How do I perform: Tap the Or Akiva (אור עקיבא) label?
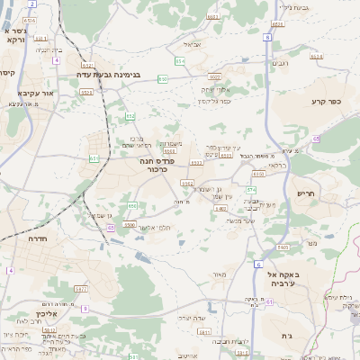37,93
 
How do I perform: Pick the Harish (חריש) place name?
308,193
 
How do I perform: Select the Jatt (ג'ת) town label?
311,336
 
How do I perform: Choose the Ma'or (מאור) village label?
217,274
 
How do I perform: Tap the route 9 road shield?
84,309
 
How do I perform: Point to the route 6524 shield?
31,19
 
